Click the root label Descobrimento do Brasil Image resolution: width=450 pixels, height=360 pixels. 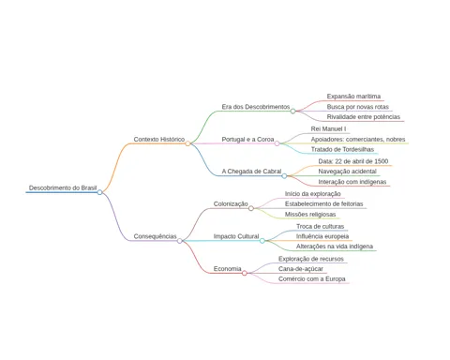click(63, 187)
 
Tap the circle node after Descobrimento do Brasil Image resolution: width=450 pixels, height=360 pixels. click(99, 192)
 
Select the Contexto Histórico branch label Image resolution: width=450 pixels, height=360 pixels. click(159, 140)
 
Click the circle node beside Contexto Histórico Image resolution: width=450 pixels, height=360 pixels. click(187, 143)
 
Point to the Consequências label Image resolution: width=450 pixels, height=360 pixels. click(155, 236)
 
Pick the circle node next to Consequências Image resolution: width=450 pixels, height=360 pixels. click(180, 241)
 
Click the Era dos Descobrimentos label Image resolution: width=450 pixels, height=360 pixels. click(256, 107)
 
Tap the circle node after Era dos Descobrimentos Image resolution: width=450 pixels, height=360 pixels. click(292, 111)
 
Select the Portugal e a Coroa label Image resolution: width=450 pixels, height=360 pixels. click(247, 140)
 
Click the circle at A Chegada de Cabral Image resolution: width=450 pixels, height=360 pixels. click(284, 176)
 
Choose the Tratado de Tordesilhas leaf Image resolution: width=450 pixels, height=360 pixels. click(342, 149)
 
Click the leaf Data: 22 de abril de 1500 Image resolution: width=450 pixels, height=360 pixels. click(353, 161)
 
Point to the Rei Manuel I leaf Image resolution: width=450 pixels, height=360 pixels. click(328, 128)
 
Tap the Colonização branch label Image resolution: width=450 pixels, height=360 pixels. click(231, 203)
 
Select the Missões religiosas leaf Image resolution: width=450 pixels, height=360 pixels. click(310, 215)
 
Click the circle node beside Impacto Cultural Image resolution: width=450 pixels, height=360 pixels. click(262, 241)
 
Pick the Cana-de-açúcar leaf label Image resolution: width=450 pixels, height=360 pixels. click(301, 269)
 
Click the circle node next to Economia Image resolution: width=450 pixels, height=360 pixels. click(245, 273)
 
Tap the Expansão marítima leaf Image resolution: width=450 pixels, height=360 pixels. click(353, 97)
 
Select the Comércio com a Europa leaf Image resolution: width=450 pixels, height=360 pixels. click(312, 279)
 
